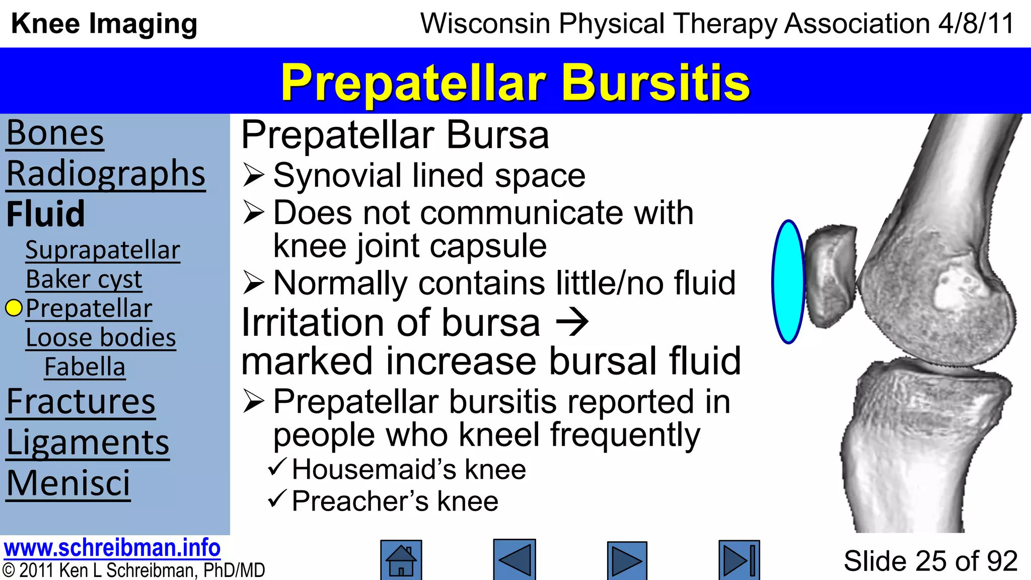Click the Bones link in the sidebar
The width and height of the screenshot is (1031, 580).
click(55, 133)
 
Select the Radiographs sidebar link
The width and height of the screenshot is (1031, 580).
click(106, 174)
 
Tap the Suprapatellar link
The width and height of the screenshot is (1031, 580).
click(103, 250)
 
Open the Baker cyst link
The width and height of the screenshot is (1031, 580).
click(84, 279)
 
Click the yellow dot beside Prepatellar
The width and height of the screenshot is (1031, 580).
click(14, 308)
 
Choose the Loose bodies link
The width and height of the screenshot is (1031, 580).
click(101, 337)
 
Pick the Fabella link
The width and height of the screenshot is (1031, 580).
click(85, 367)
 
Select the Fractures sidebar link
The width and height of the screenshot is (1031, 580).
click(81, 402)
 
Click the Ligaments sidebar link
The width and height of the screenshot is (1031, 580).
click(88, 443)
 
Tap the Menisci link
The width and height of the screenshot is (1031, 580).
click(68, 483)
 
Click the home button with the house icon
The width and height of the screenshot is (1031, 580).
click(401, 560)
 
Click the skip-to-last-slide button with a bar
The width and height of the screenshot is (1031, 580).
click(739, 560)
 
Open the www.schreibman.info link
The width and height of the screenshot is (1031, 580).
click(112, 548)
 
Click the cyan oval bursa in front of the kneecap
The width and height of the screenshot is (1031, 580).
click(788, 282)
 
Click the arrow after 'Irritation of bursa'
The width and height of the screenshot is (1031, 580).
click(572, 323)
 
